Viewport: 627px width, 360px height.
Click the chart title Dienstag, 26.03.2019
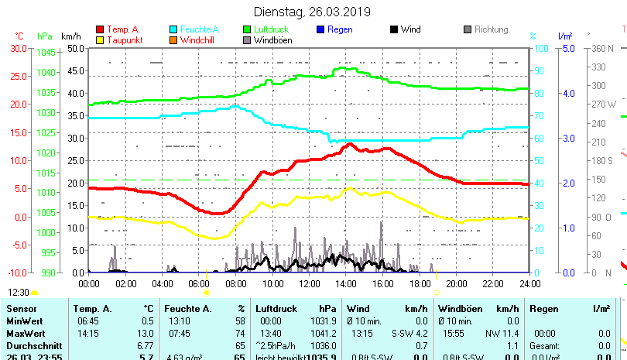312,12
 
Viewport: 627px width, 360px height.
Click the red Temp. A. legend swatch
100,29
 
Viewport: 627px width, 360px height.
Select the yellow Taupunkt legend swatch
100,39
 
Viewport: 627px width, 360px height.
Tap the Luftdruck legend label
271,29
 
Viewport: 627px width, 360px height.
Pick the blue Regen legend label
340,29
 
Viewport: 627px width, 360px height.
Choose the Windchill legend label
198,39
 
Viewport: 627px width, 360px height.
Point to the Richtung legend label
491,29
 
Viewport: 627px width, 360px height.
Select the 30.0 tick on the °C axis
18,48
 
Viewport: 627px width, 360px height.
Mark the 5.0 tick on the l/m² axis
567,48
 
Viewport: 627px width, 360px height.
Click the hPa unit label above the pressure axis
45,36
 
